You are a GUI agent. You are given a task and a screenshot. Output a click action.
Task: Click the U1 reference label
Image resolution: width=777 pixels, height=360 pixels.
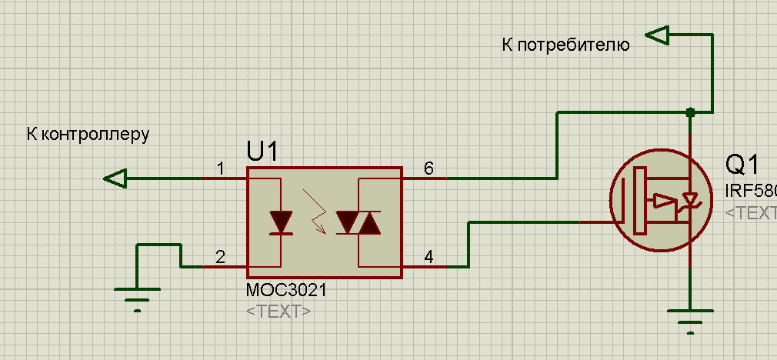262,152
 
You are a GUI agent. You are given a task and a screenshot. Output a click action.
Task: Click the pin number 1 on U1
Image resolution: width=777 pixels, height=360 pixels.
221,168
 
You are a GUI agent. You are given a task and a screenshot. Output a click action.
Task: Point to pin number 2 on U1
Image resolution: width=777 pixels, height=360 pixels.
221,257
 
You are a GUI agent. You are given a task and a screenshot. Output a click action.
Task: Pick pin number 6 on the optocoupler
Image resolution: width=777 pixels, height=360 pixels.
429,168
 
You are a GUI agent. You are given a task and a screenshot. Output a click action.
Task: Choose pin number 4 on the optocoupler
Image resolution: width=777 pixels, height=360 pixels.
429,257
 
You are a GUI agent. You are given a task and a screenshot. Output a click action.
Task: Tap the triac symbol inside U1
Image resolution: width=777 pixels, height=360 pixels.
358,222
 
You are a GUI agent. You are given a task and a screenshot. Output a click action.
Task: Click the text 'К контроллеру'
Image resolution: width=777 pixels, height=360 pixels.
87,134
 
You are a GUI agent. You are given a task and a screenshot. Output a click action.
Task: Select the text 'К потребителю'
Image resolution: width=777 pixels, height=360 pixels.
565,45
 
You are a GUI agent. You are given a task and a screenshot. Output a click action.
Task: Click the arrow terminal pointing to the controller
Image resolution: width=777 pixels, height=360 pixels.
115,178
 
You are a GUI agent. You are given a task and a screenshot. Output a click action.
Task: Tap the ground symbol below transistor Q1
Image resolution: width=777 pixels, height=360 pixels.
690,317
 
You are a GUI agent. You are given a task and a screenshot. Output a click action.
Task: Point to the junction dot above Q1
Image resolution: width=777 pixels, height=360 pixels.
690,112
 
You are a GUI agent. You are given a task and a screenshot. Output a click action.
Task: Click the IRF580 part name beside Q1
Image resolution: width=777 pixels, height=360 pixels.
751,190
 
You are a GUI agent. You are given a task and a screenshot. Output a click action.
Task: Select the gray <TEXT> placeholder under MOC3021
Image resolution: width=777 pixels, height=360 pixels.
278,311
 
